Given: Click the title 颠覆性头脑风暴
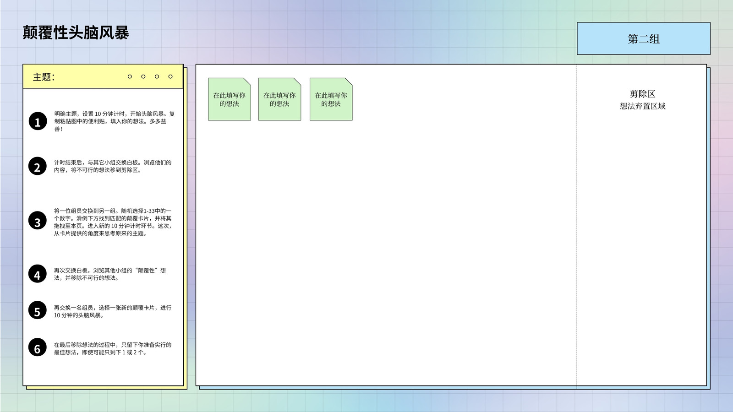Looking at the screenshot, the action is click(x=76, y=33).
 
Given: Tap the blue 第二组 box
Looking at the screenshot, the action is click(x=643, y=38).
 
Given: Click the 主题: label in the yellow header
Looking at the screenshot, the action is click(x=44, y=77).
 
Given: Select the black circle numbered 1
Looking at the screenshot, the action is click(x=38, y=121).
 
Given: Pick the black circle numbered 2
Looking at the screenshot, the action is click(x=37, y=166).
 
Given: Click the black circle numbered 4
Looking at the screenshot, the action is click(x=37, y=274).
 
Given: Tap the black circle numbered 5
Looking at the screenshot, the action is click(x=37, y=310).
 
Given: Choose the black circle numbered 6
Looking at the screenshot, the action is click(x=37, y=347).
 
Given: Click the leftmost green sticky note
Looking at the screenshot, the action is click(x=230, y=99).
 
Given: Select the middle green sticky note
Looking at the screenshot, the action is click(x=279, y=99).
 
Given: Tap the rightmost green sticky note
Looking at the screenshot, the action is click(x=331, y=99).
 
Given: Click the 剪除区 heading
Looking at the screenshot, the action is click(x=642, y=94).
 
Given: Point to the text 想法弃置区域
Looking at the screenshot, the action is click(x=642, y=106).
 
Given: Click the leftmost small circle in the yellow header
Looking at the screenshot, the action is click(x=130, y=76).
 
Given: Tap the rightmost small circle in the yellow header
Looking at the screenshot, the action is click(x=170, y=76).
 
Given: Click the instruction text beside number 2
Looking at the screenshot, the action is click(x=113, y=166).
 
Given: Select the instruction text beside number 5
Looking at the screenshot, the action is click(x=113, y=311).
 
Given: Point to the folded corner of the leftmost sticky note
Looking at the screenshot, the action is click(x=247, y=82).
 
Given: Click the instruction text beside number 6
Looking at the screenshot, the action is click(x=113, y=348).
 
